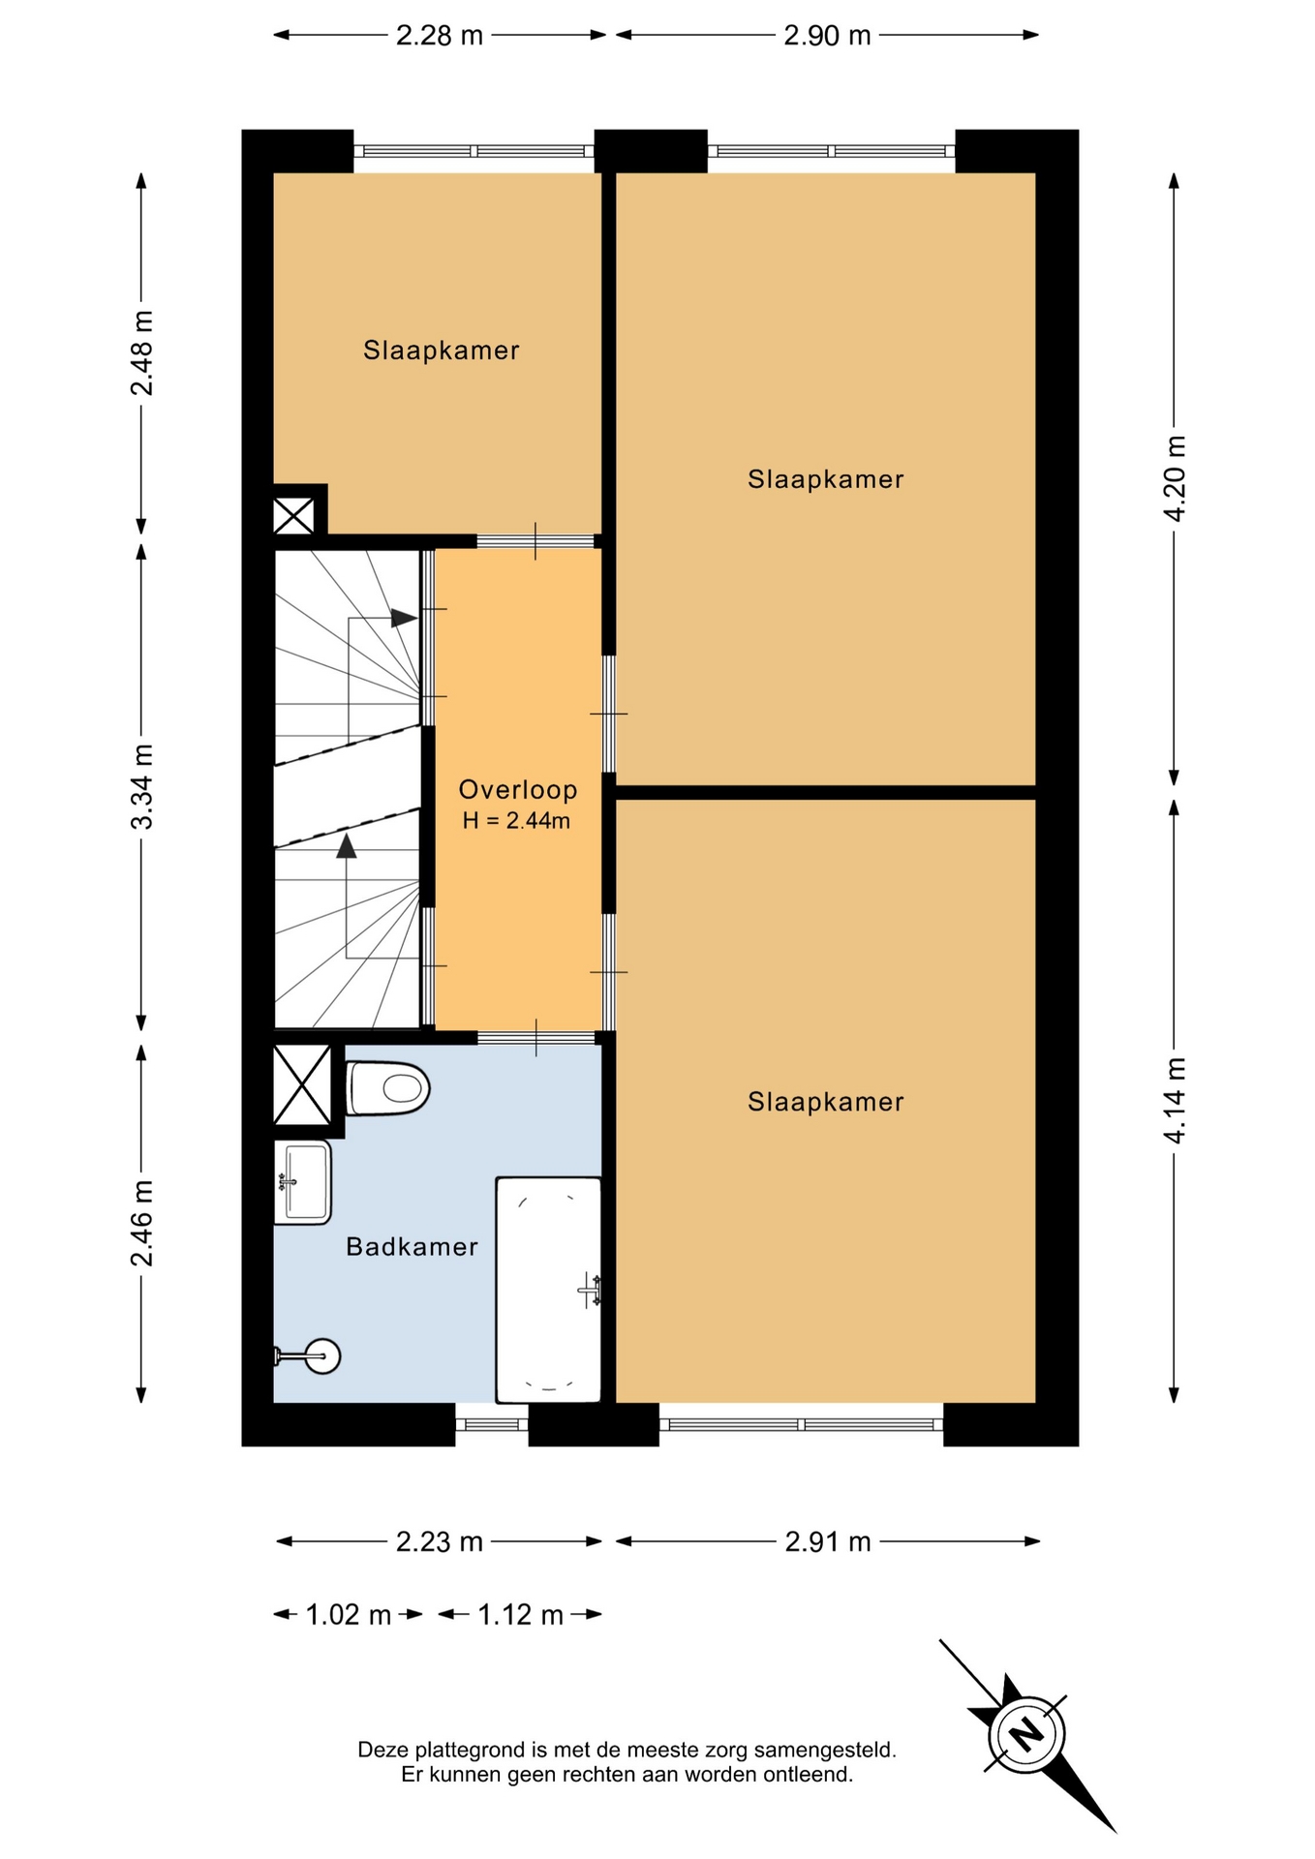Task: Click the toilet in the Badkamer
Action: pyautogui.click(x=387, y=1088)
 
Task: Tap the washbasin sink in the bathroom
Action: pyautogui.click(x=302, y=1182)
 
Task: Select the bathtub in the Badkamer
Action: pyautogui.click(x=548, y=1290)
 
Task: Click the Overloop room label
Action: pyautogui.click(x=518, y=790)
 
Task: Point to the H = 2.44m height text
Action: pyautogui.click(x=516, y=821)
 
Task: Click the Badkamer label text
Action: pyautogui.click(x=413, y=1246)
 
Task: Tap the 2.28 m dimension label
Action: pyautogui.click(x=440, y=36)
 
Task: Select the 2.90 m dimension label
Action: pyautogui.click(x=828, y=36)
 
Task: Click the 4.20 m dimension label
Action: pyautogui.click(x=1175, y=478)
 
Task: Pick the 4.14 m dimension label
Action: pyautogui.click(x=1175, y=1100)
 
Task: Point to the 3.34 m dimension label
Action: pyautogui.click(x=141, y=786)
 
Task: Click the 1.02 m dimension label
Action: pyautogui.click(x=349, y=1615)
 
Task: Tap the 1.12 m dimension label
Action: pyautogui.click(x=521, y=1615)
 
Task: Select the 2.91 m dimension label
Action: pyautogui.click(x=828, y=1541)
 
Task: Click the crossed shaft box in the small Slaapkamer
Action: pyautogui.click(x=293, y=515)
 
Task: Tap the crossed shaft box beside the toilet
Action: pyautogui.click(x=302, y=1085)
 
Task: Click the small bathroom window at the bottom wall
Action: pyautogui.click(x=492, y=1424)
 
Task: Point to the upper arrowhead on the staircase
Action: pyautogui.click(x=404, y=618)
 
